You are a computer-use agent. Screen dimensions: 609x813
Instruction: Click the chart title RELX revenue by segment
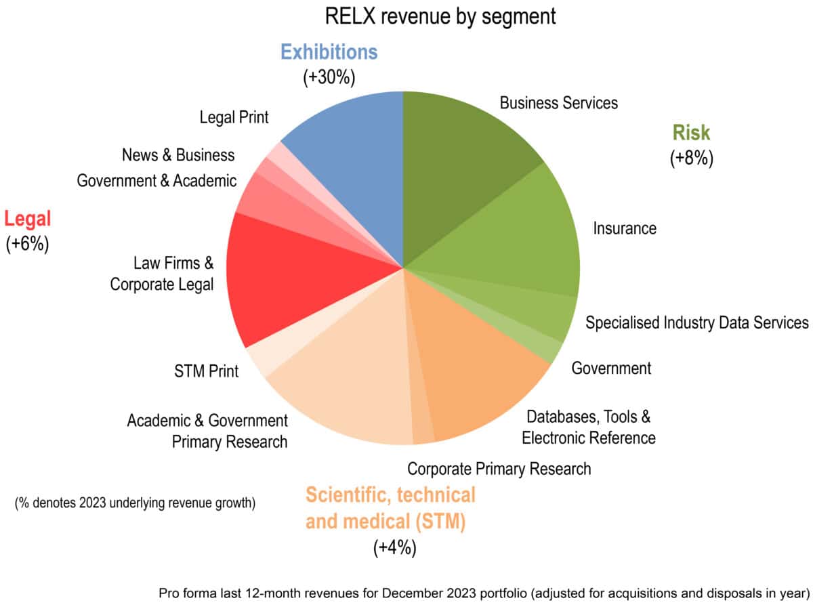tap(440, 16)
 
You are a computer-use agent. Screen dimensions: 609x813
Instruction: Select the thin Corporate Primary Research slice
tap(422, 429)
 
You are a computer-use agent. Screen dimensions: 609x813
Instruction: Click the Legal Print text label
tap(234, 117)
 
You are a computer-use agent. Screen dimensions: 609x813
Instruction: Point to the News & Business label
tap(178, 155)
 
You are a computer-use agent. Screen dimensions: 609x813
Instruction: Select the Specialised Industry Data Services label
tap(696, 322)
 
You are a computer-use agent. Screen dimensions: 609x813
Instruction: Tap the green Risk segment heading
tap(691, 133)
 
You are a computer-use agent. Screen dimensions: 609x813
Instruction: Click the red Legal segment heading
tap(28, 219)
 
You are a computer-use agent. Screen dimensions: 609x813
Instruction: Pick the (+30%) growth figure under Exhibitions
tap(329, 77)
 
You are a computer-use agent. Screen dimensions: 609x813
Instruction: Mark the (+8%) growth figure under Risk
tap(691, 159)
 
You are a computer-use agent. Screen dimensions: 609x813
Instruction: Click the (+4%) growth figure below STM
tap(394, 547)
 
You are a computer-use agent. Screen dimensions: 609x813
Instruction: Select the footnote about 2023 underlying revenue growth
tap(135, 503)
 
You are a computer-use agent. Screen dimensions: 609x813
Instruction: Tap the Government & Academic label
tap(157, 181)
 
